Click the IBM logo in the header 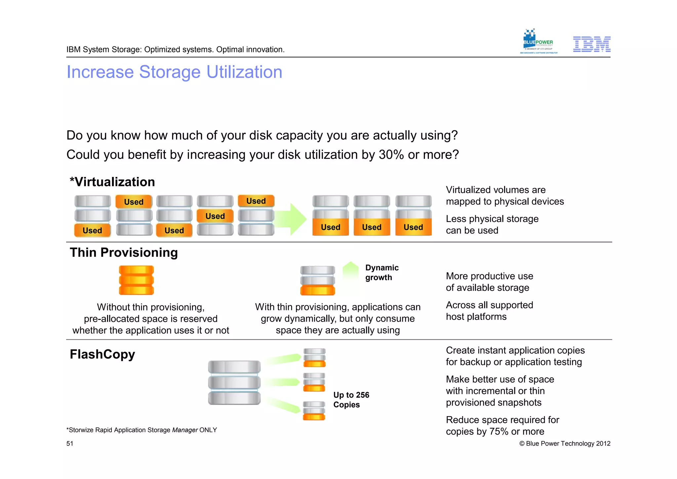pyautogui.click(x=591, y=44)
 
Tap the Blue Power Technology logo pyautogui.click(x=538, y=42)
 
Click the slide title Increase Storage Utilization pyautogui.click(x=174, y=72)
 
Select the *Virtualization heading pyautogui.click(x=112, y=182)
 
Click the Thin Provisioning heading pyautogui.click(x=124, y=252)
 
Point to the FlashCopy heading pyautogui.click(x=102, y=354)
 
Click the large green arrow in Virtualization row pyautogui.click(x=291, y=219)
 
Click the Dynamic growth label pyautogui.click(x=381, y=273)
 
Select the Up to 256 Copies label pyautogui.click(x=351, y=400)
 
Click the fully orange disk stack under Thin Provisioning pyautogui.click(x=136, y=280)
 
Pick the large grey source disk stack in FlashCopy pyautogui.click(x=234, y=382)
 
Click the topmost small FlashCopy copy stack pyautogui.click(x=314, y=358)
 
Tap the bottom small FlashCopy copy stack pyautogui.click(x=314, y=411)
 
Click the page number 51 pyautogui.click(x=70, y=444)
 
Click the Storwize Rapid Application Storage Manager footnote pyautogui.click(x=141, y=430)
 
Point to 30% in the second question pyautogui.click(x=391, y=155)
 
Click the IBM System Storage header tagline pyautogui.click(x=175, y=50)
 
